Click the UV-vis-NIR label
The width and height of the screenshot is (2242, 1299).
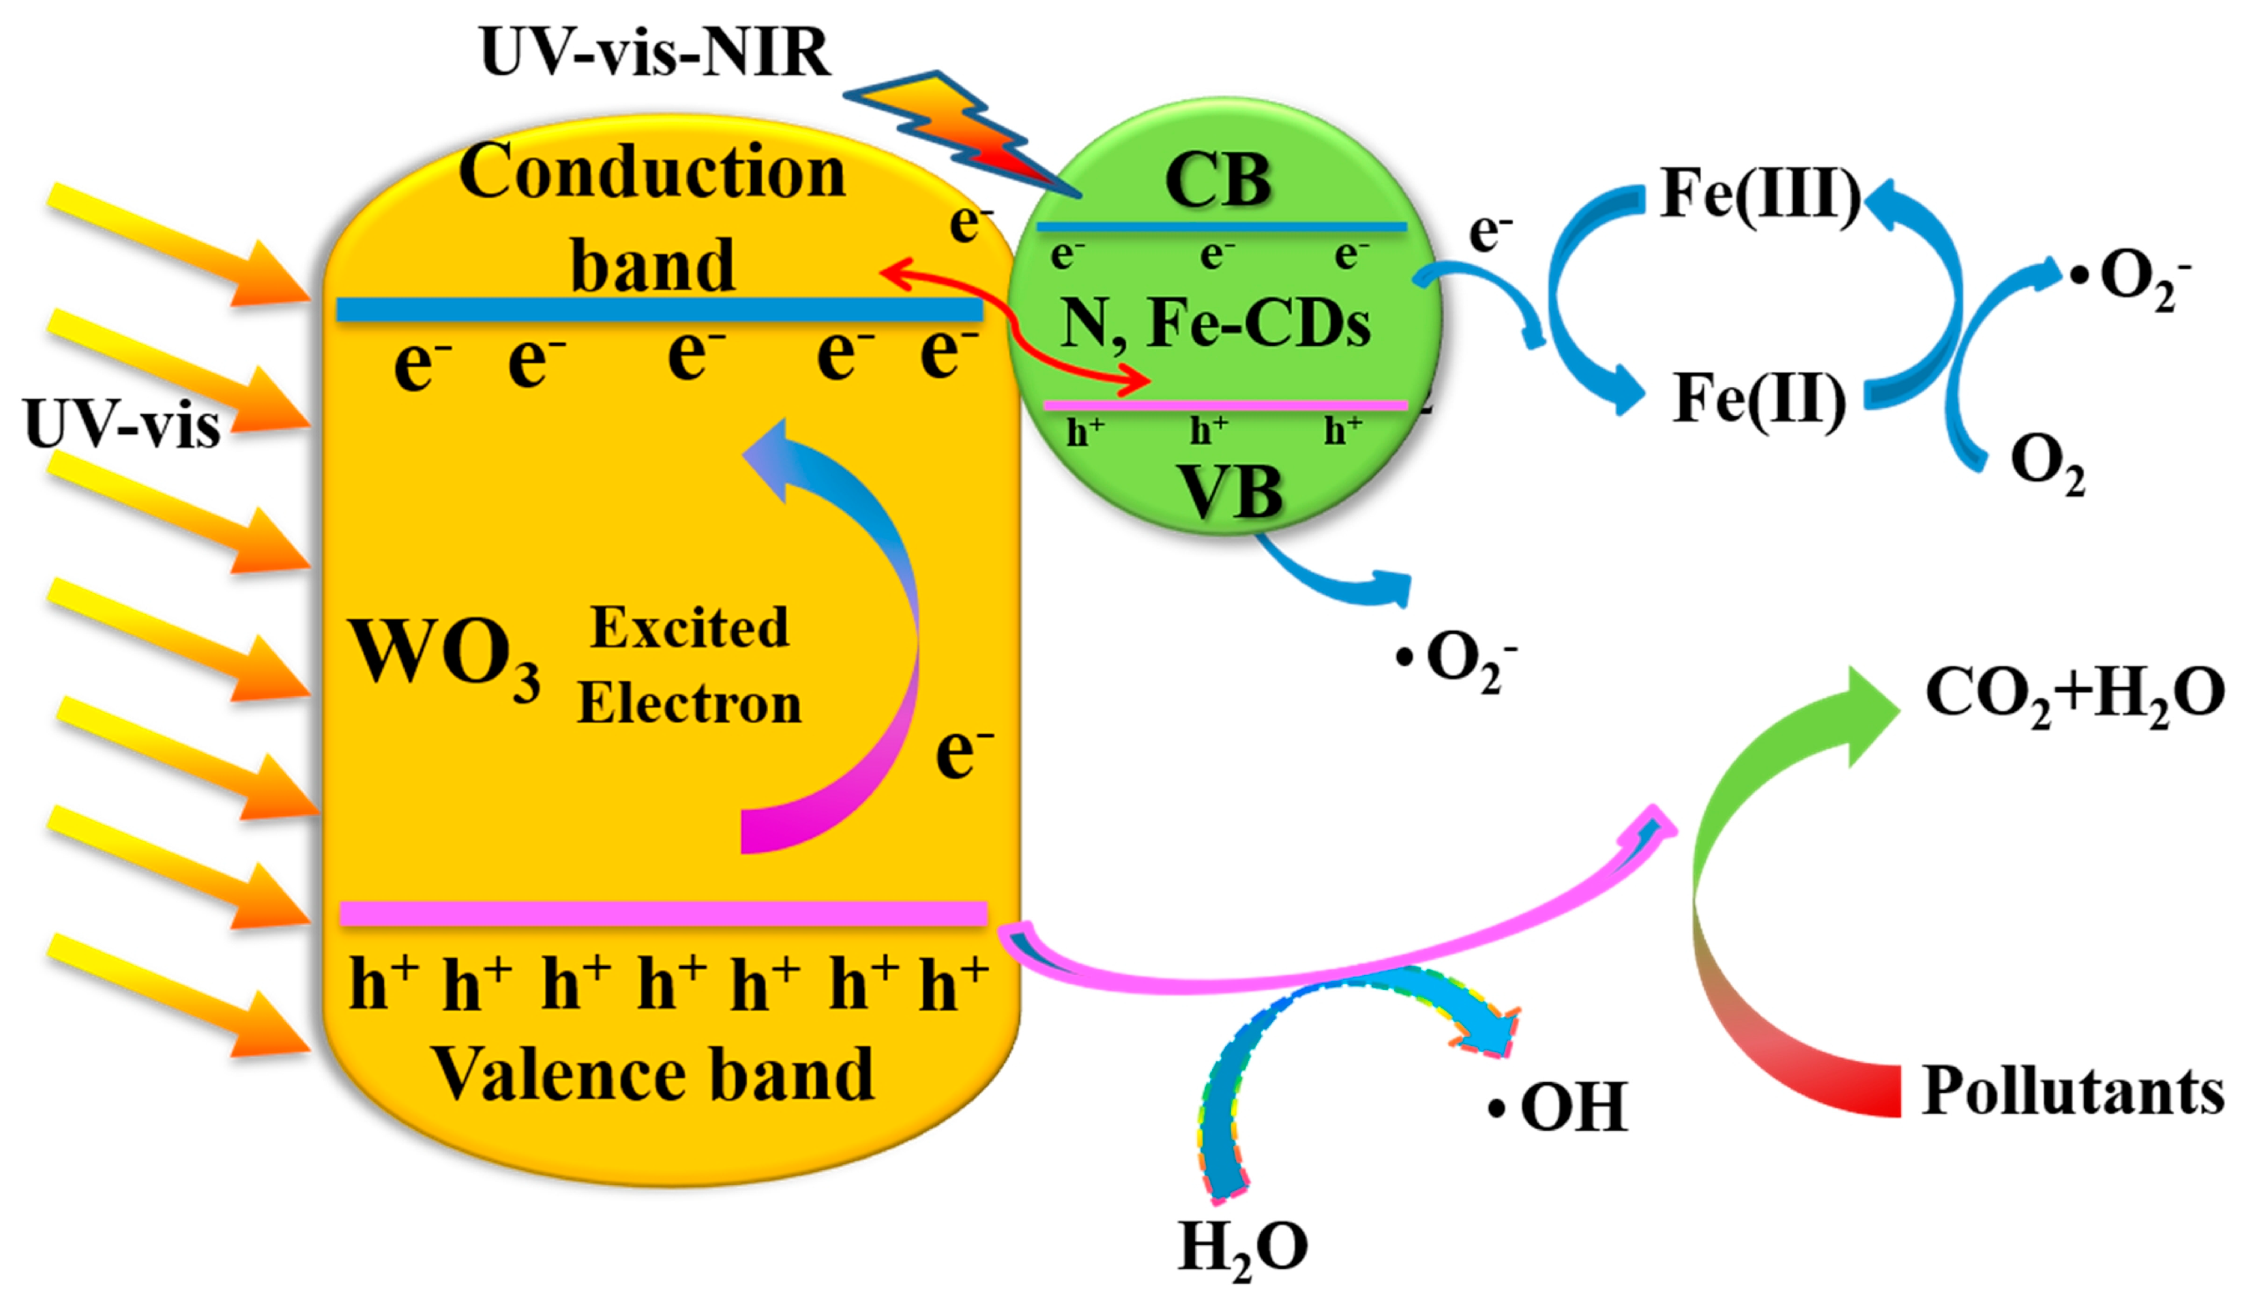655,52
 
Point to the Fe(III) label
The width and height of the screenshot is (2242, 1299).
1760,193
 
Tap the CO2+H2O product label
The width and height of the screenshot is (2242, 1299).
2073,694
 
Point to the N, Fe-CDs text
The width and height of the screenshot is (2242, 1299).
1215,322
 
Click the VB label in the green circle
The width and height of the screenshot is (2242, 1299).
1230,491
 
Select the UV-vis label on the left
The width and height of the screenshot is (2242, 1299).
123,424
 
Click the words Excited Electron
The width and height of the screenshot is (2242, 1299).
690,665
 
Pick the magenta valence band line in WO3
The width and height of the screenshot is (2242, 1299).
663,913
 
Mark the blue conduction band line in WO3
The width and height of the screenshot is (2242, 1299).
658,309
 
